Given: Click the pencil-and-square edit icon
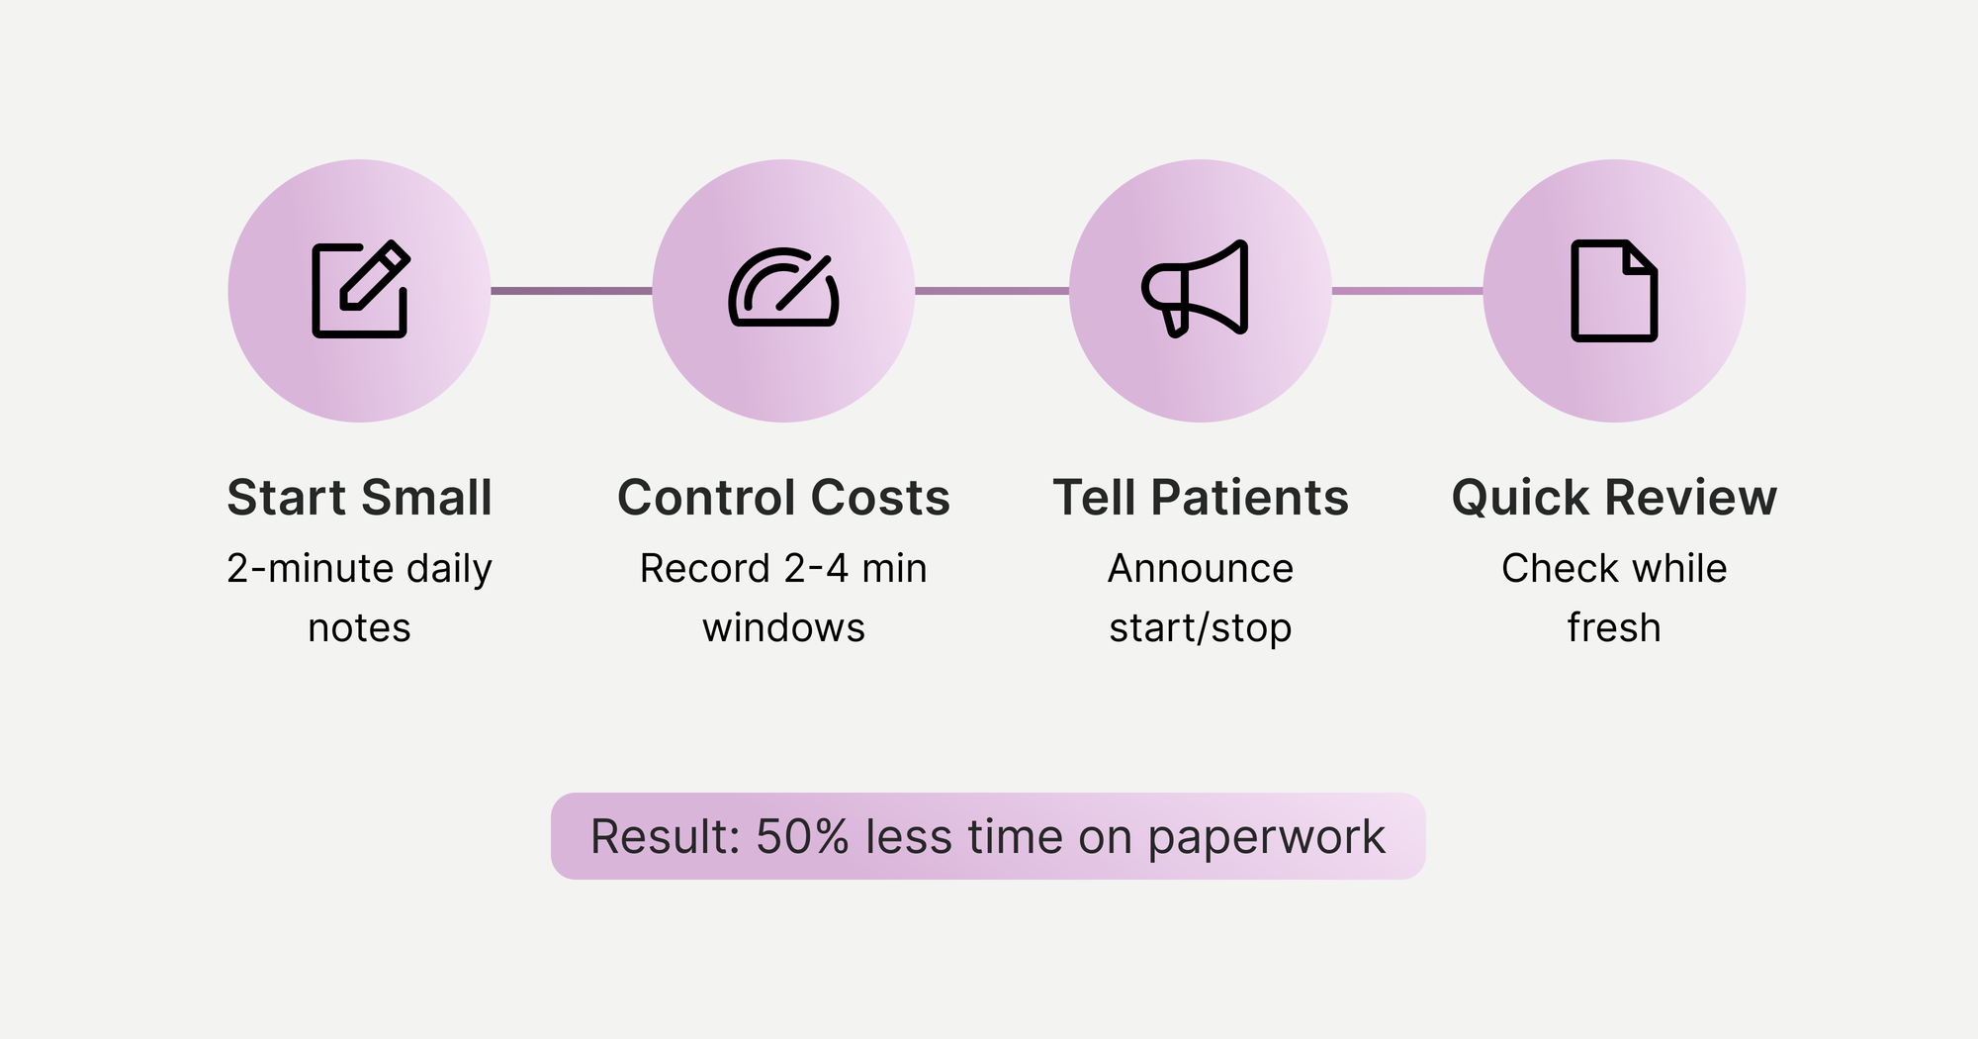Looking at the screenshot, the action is [360, 290].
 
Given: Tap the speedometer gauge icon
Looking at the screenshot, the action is [783, 288].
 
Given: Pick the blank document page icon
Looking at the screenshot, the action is [1614, 291].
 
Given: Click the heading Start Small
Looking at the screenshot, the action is [359, 497].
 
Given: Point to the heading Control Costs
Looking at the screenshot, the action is [783, 497].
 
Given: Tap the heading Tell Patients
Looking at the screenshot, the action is [1201, 497].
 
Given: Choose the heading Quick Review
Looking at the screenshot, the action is [1614, 497].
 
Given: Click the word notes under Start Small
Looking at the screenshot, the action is [359, 628].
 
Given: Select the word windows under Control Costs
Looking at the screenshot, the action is [783, 628].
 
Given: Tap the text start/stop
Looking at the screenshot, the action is [1201, 628].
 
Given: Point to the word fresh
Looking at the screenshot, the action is [1614, 628].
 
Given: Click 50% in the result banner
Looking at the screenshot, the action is [802, 837].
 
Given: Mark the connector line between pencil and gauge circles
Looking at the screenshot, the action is [572, 291].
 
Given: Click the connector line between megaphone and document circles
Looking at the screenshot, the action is [1407, 291].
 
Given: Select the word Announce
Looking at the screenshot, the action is [1201, 569].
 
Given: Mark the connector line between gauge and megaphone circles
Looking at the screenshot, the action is [992, 291].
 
